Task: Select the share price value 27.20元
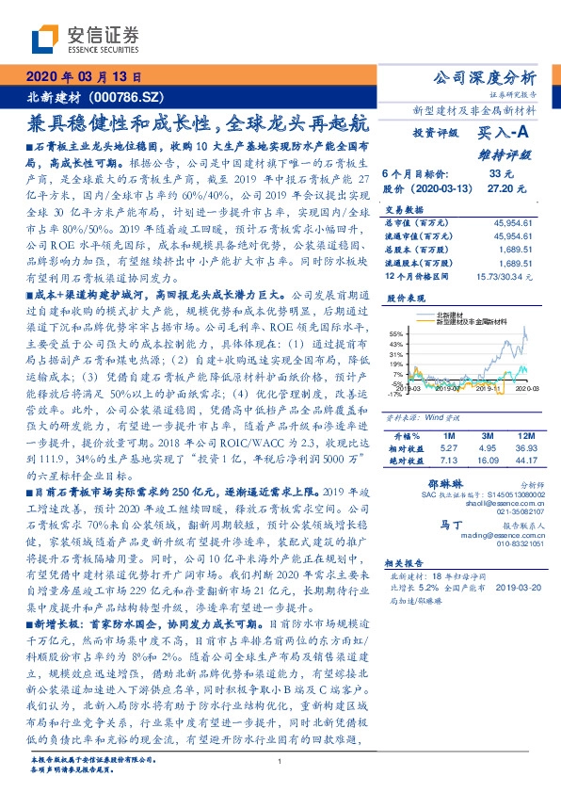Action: [x=495, y=188]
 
